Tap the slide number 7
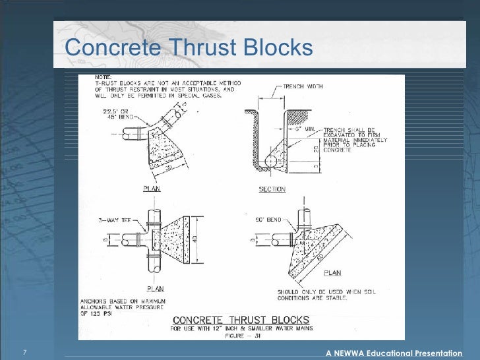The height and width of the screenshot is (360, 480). click(24, 353)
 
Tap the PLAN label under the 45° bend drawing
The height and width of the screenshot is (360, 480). click(152, 189)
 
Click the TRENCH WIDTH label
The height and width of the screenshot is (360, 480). click(303, 86)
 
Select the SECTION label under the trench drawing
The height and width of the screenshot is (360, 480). click(272, 189)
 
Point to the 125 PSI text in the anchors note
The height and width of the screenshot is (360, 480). click(96, 315)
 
